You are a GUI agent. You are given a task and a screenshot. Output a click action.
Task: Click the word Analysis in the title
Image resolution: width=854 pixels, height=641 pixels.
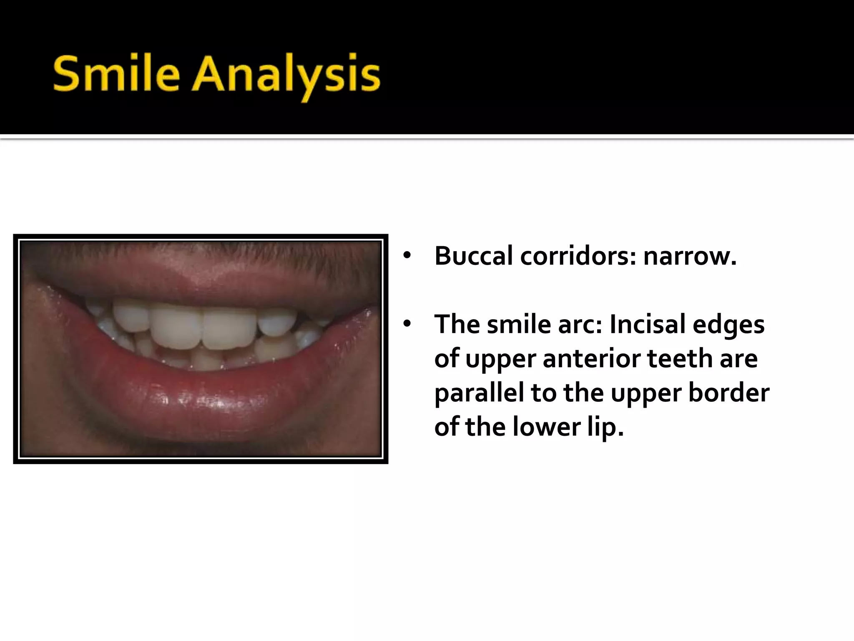click(286, 77)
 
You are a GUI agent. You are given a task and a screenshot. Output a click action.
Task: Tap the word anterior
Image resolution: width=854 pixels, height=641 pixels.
click(608, 359)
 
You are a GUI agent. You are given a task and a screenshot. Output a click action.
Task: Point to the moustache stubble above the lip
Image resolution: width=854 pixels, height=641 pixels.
click(200, 250)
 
